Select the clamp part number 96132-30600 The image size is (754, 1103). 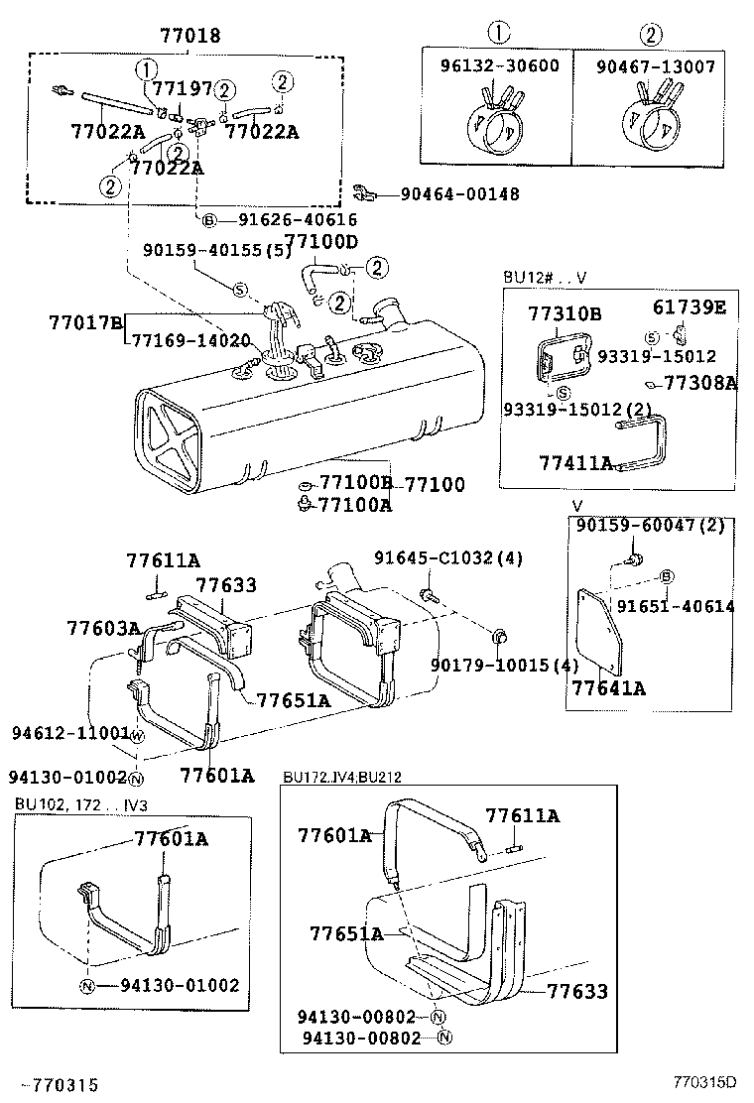point(499,66)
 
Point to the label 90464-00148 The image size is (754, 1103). point(459,194)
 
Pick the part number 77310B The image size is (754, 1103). point(565,313)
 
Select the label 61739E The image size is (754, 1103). point(689,307)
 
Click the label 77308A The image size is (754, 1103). point(700,382)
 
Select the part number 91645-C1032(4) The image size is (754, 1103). point(447,558)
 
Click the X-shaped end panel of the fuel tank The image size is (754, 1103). point(174,437)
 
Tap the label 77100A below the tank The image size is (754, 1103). point(354,505)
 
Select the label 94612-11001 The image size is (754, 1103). point(70,733)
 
